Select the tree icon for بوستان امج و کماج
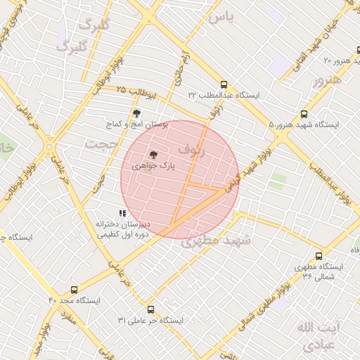coord(136,113)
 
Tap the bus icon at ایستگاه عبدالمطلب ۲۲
coord(224,84)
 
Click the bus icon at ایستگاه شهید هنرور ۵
coord(304,114)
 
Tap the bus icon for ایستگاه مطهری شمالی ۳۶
coord(319,257)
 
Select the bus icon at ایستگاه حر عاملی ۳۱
coord(150,309)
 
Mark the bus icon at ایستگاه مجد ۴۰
coord(74,290)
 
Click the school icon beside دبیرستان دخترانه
coord(122,213)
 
